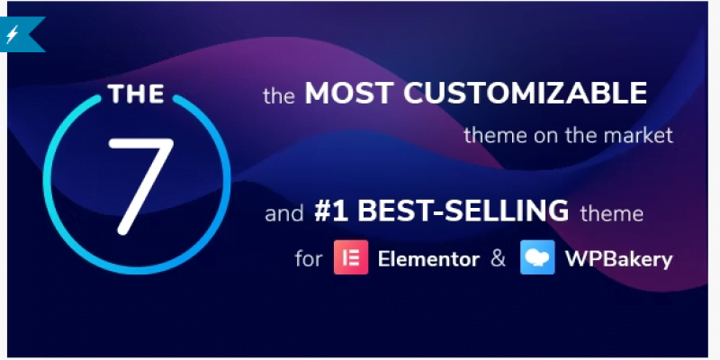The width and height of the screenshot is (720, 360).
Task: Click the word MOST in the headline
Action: (x=346, y=94)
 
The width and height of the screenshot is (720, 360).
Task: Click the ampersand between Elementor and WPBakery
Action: (x=498, y=259)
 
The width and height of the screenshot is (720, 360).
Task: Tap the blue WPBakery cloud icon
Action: (x=535, y=258)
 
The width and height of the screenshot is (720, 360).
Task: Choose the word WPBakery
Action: (x=617, y=259)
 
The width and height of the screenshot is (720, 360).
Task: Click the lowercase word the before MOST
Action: (x=279, y=94)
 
